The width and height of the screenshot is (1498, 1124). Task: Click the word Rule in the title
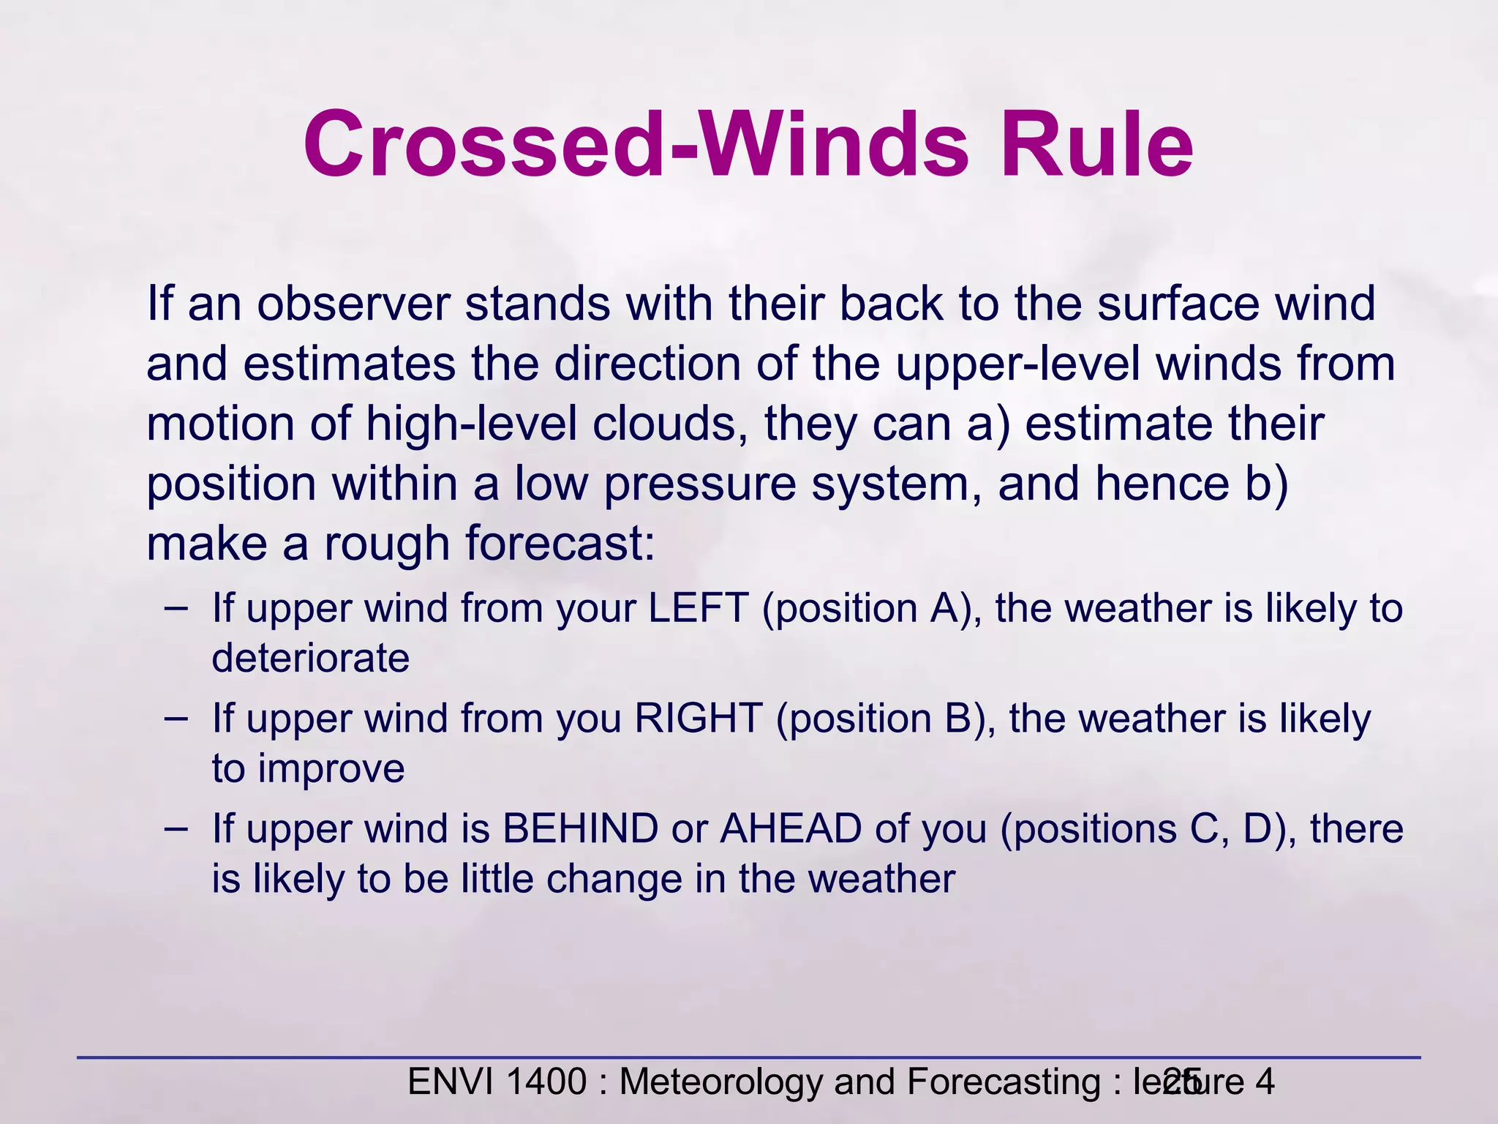click(x=1096, y=144)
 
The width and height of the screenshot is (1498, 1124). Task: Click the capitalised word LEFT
click(x=698, y=608)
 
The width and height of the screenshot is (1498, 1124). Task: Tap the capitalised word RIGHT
click(x=698, y=718)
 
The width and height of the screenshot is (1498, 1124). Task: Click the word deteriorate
click(x=310, y=658)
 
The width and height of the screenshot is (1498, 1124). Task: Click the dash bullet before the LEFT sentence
click(x=176, y=607)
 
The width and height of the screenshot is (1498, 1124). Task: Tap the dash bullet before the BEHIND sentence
click(x=176, y=828)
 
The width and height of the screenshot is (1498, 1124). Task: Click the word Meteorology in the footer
click(x=721, y=1082)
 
